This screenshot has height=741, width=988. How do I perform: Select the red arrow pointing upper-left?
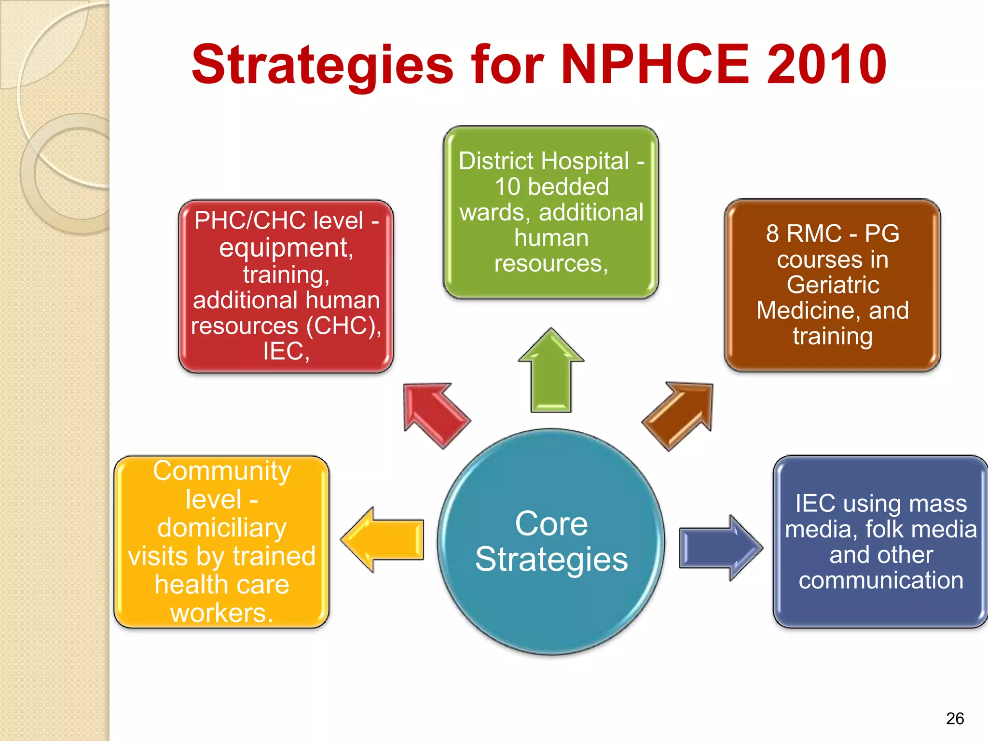pyautogui.click(x=434, y=413)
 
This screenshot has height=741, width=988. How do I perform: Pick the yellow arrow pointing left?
pyautogui.click(x=384, y=539)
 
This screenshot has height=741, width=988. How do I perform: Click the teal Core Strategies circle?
pyautogui.click(x=551, y=541)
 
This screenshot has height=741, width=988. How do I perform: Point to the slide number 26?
pyautogui.click(x=955, y=718)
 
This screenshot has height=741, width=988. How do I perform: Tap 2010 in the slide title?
pyautogui.click(x=826, y=64)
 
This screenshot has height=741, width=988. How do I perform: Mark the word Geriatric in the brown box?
pyautogui.click(x=833, y=285)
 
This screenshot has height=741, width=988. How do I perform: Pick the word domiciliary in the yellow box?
pyautogui.click(x=222, y=528)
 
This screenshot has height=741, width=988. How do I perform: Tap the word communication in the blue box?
pyautogui.click(x=881, y=580)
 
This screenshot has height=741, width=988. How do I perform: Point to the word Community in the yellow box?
pyautogui.click(x=222, y=471)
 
